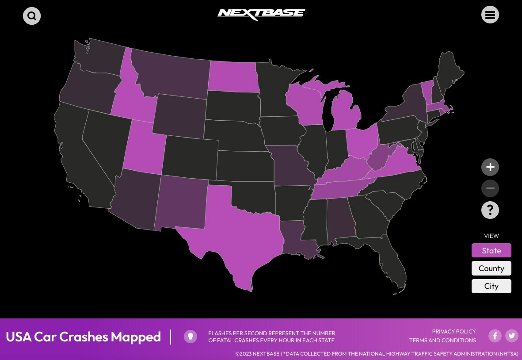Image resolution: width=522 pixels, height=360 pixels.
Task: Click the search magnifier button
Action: pos(32,16)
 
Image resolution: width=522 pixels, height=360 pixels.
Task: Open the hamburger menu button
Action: pos(490,15)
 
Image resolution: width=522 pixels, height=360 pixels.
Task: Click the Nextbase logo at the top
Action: pos(261,14)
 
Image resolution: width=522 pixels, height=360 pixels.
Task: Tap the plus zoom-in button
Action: pos(490,167)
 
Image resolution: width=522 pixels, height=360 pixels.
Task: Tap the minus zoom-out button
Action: pos(490,188)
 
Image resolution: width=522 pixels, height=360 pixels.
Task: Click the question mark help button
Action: pos(490,210)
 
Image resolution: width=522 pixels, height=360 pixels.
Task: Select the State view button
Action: pos(491,250)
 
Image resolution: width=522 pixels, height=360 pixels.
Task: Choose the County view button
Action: pos(491,268)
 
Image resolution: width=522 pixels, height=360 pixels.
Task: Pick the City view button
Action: pos(491,286)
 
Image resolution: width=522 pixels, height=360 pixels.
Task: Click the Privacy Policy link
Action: pos(453,332)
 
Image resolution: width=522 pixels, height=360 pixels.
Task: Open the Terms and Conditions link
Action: pos(442,341)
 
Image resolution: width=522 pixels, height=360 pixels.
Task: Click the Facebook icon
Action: pos(495,336)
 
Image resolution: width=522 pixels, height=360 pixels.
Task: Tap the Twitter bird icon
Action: pos(512,336)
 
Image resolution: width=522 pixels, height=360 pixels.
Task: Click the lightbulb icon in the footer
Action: pos(191,337)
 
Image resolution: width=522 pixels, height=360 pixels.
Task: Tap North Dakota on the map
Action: pos(233,76)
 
